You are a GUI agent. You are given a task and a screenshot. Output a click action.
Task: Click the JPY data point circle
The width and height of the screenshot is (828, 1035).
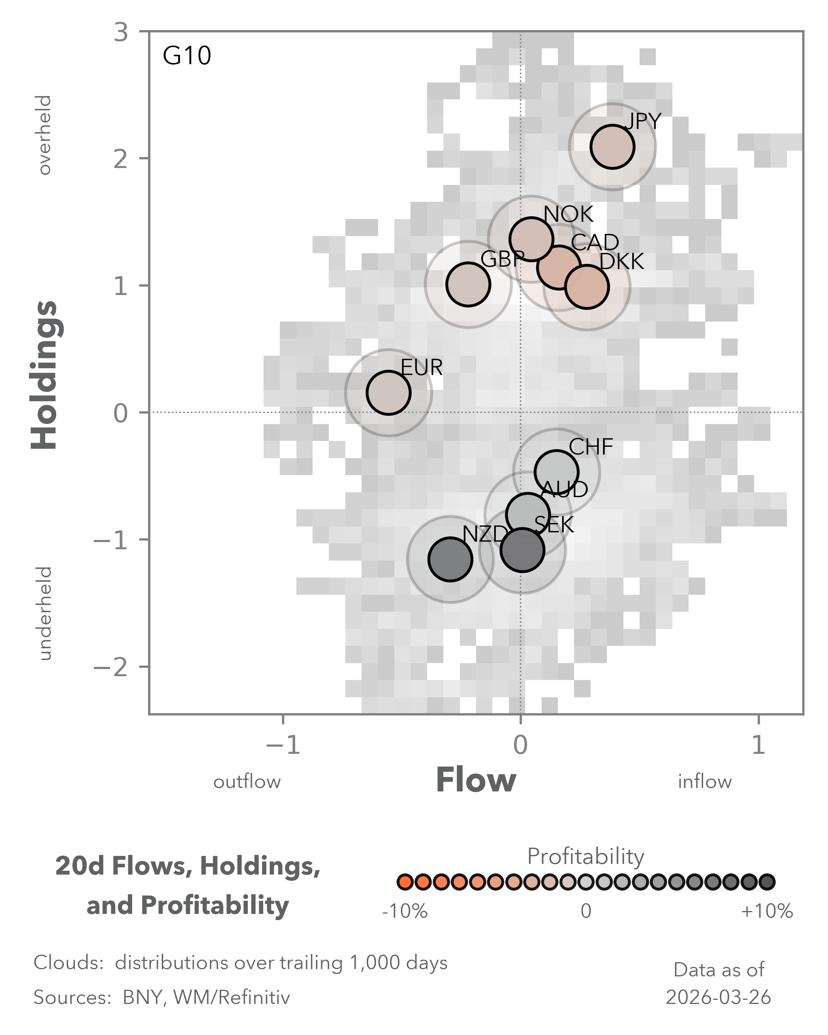pos(612,147)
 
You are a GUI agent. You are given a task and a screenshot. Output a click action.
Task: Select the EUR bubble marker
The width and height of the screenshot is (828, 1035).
pos(388,393)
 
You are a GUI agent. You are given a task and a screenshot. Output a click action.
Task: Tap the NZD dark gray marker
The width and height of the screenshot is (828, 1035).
pos(450,559)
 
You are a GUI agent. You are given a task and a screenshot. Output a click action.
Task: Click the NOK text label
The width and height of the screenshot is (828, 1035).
pos(568,214)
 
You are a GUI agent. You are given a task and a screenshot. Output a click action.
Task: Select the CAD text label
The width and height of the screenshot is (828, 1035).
pos(595,243)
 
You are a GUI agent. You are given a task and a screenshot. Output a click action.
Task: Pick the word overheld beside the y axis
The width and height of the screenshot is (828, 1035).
pos(45,135)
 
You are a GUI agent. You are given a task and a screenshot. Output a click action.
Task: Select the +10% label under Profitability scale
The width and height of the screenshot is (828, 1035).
pos(767,911)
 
